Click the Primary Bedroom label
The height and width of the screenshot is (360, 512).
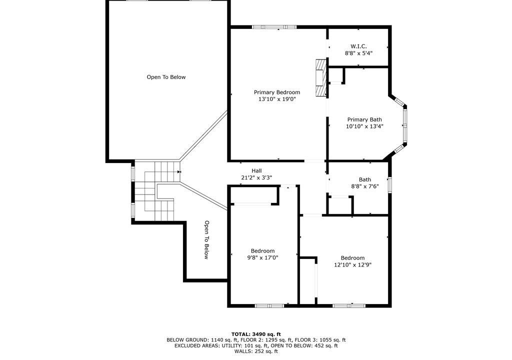pos(277,92)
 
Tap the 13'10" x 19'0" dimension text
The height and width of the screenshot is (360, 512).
pos(277,99)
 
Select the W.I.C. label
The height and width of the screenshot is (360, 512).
pos(358,46)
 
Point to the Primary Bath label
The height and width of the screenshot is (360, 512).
pos(364,119)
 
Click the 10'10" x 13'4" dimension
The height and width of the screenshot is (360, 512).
pos(364,126)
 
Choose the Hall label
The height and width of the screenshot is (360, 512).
pos(256,170)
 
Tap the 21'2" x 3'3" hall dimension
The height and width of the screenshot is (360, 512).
pos(256,177)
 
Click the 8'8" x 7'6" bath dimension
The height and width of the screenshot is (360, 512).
pos(364,186)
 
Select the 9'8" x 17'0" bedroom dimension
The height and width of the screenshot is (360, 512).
pos(262,257)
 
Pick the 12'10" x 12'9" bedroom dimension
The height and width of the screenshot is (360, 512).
pos(352,265)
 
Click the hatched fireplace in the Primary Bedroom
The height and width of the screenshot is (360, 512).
pos(321,77)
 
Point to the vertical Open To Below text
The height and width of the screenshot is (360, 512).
pos(206,240)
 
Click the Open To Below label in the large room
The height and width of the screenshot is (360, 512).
pos(166,77)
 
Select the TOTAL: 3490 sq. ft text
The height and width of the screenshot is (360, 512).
pos(256,334)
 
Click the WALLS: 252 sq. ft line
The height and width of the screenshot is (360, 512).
pos(256,351)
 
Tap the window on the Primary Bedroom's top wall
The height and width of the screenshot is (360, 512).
pos(274,27)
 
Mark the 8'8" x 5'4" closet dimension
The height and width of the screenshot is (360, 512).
pos(358,53)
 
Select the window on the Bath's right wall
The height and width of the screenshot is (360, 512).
pos(390,184)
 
